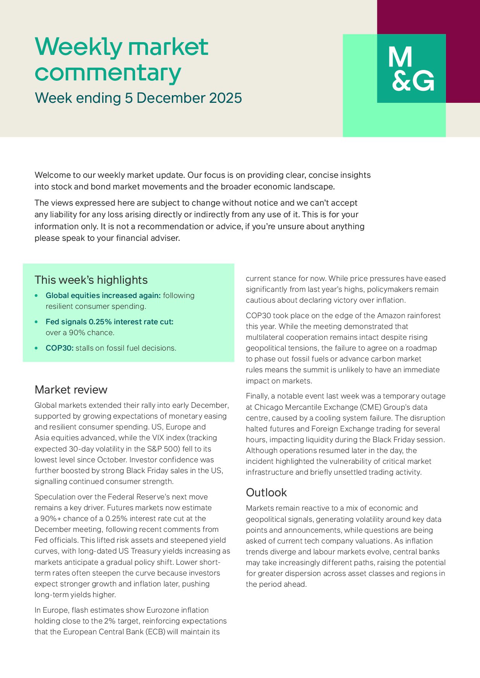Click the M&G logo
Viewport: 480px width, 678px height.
(x=411, y=69)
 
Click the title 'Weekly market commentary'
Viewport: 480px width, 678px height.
(x=122, y=60)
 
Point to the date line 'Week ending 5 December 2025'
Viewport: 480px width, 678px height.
(x=138, y=98)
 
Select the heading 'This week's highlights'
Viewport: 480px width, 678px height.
(x=91, y=280)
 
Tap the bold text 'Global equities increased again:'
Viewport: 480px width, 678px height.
(x=103, y=296)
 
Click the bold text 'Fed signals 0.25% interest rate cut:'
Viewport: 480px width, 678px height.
(x=110, y=322)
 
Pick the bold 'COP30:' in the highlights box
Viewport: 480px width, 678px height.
(x=60, y=348)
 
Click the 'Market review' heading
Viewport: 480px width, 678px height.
(x=71, y=390)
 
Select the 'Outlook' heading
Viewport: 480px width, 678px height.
(x=266, y=492)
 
